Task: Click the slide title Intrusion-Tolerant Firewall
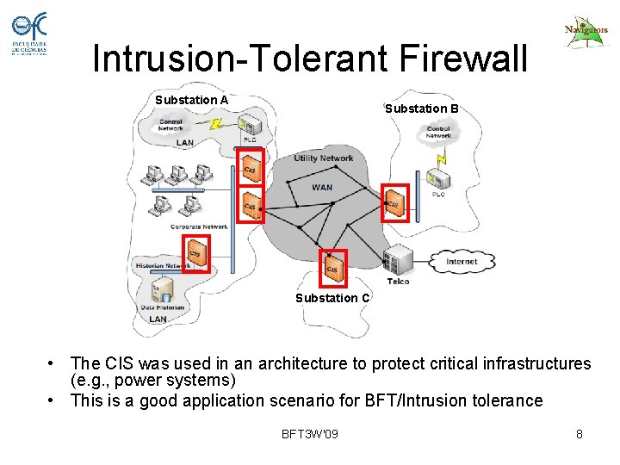pyautogui.click(x=309, y=59)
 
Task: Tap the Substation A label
pyautogui.click(x=191, y=100)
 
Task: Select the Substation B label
pyautogui.click(x=421, y=108)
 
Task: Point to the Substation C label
pyautogui.click(x=332, y=298)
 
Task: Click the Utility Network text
pyautogui.click(x=323, y=158)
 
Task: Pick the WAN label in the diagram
pyautogui.click(x=321, y=187)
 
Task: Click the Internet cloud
pyautogui.click(x=462, y=261)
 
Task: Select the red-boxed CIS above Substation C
pyautogui.click(x=332, y=269)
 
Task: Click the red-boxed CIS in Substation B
pyautogui.click(x=394, y=204)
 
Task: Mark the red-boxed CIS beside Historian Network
pyautogui.click(x=196, y=253)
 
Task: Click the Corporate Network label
pyautogui.click(x=199, y=226)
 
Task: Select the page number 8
pyautogui.click(x=580, y=434)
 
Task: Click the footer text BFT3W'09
pyautogui.click(x=310, y=433)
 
